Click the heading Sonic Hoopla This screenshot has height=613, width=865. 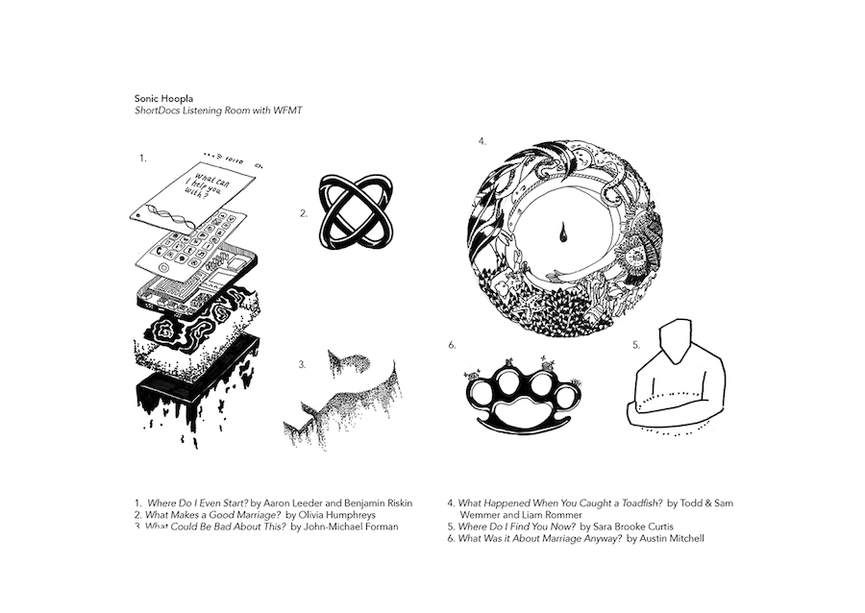(161, 98)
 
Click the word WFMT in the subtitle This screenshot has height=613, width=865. (287, 110)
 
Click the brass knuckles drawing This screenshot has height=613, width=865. (523, 397)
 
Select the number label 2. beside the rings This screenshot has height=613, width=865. (304, 214)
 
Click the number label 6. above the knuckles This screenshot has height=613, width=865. (452, 343)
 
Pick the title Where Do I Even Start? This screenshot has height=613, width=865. (197, 502)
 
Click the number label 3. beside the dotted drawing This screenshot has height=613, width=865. (302, 364)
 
